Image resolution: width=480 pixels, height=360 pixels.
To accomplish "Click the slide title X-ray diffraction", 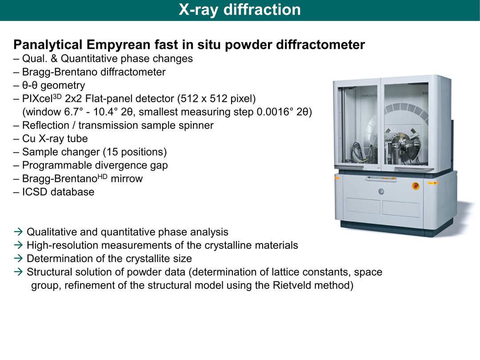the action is tap(240, 9).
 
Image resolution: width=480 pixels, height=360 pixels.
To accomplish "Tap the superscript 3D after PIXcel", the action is tap(57, 96).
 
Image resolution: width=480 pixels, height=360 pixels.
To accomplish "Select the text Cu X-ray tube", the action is tap(55, 139).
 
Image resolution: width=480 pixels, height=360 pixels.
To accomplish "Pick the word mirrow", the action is tap(127, 179).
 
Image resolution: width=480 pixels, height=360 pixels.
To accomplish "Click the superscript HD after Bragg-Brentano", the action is tap(102, 176).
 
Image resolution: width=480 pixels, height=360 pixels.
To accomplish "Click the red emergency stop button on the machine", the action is tap(416, 185).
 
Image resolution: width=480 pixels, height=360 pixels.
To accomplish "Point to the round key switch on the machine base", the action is tap(381, 192).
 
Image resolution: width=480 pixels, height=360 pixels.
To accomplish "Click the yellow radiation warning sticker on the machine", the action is tap(433, 183).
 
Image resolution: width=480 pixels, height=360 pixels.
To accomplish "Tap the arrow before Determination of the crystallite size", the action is tap(18, 258).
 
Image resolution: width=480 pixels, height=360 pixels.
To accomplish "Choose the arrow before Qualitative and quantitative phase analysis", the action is tap(18, 232).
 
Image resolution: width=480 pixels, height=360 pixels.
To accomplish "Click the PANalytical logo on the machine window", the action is tap(369, 96).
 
